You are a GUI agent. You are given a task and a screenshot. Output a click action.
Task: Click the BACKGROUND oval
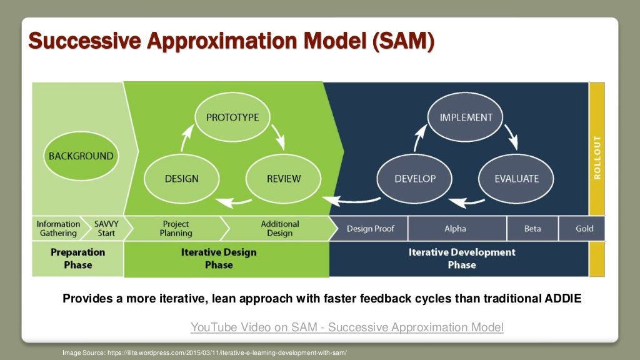point(81,156)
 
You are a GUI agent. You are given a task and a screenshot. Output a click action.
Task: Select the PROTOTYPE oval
point(232,117)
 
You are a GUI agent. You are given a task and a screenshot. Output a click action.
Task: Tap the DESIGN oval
point(181,179)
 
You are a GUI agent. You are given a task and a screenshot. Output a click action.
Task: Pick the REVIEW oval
point(284,179)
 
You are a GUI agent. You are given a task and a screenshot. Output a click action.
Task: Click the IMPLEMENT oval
point(466,117)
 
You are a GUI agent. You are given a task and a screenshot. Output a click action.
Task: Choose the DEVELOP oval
point(415,179)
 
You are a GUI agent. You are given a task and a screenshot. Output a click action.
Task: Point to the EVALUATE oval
point(516,179)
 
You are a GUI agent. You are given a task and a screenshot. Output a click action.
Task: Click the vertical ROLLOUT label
point(597,157)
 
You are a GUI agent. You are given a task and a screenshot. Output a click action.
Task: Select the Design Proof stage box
point(370,229)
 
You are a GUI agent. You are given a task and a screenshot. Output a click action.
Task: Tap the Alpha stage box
point(455,229)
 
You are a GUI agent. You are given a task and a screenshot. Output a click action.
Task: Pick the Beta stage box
point(532,229)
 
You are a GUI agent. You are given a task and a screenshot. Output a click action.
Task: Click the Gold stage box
point(584,229)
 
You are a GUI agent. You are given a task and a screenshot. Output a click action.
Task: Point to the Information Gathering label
point(58,229)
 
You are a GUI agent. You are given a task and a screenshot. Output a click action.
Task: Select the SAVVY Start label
point(106,229)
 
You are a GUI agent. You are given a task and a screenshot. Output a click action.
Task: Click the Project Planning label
point(176,229)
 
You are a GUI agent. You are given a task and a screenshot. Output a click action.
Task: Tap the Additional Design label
point(279,229)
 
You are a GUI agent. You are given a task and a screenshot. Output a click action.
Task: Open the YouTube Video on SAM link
point(347,327)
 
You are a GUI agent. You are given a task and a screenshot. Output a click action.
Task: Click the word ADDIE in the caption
point(562,299)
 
